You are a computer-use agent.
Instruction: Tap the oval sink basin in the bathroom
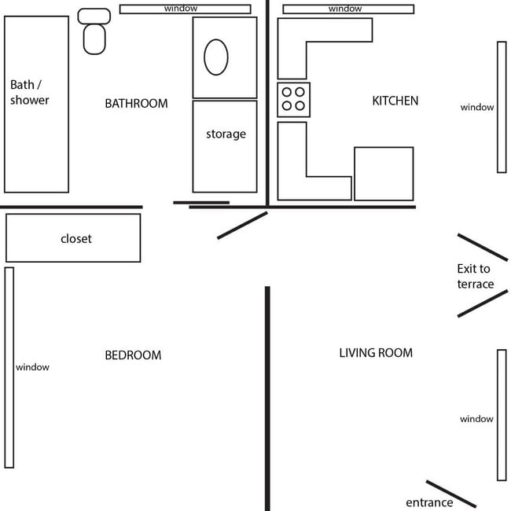tap(216, 57)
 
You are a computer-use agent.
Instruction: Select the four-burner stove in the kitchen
tap(293, 99)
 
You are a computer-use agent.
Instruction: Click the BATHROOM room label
tap(136, 103)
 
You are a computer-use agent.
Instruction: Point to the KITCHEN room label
tap(395, 101)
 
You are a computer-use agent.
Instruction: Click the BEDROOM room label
tap(133, 355)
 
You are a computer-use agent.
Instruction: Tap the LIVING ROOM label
tap(375, 353)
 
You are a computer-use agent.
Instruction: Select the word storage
tap(226, 134)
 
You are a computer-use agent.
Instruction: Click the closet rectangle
tap(73, 237)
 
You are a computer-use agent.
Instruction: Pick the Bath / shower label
tap(30, 92)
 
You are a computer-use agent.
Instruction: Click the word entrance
tap(429, 502)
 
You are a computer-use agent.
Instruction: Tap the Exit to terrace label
tap(475, 276)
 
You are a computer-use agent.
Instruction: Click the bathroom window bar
tap(185, 9)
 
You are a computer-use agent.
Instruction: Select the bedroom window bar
tap(9, 367)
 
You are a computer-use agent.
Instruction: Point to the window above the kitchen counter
tap(347, 9)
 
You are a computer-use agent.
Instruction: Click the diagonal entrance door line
tap(450, 494)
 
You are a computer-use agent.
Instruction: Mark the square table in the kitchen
tap(384, 174)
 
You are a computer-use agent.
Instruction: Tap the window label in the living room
tap(476, 419)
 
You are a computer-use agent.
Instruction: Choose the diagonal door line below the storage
tap(242, 225)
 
